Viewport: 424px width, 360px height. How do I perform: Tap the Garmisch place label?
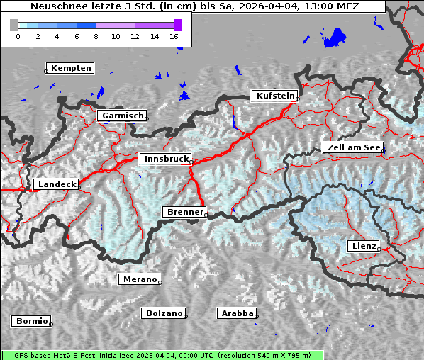pos(123,116)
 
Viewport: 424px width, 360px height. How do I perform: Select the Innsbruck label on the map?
pos(165,159)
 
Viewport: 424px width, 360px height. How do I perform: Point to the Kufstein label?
pos(274,96)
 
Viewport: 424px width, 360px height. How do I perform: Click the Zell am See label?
pos(352,147)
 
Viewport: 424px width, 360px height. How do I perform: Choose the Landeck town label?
pos(56,184)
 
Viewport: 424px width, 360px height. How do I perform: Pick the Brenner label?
pos(184,212)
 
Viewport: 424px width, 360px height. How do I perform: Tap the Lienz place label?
pos(363,246)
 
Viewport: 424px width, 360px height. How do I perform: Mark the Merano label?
pos(139,279)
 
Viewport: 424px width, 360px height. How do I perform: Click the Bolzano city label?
pos(164,313)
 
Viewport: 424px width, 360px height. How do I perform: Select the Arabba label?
pos(236,313)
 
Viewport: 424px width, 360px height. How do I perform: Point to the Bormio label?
pos(32,321)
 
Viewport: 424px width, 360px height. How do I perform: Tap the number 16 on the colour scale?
pos(174,36)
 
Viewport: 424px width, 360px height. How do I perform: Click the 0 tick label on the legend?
pos(18,36)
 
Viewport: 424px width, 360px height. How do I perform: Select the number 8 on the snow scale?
pos(96,36)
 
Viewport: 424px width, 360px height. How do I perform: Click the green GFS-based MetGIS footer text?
pos(162,355)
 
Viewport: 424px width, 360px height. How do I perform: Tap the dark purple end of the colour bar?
pos(177,25)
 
